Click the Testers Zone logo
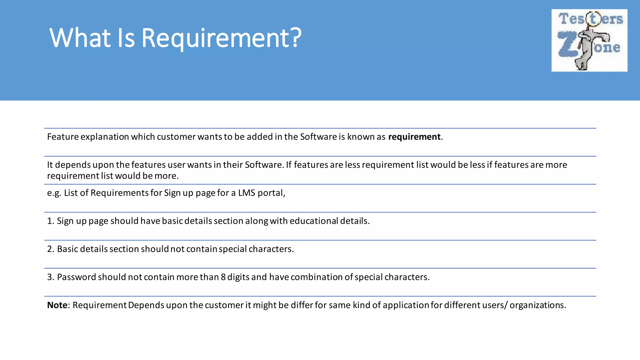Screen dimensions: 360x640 click(x=589, y=40)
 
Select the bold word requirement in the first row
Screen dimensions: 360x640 click(x=414, y=137)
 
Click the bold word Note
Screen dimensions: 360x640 click(x=57, y=305)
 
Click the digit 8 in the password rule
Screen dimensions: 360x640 click(x=223, y=277)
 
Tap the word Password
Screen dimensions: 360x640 click(x=76, y=277)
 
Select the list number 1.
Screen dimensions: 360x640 click(x=50, y=221)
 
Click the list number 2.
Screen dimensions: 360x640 click(x=50, y=249)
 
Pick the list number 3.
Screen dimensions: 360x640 click(x=50, y=277)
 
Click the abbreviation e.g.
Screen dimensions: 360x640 click(x=54, y=193)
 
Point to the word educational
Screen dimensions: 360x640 click(x=314, y=221)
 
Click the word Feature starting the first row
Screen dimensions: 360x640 click(x=63, y=137)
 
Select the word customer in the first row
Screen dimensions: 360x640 click(x=176, y=137)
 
